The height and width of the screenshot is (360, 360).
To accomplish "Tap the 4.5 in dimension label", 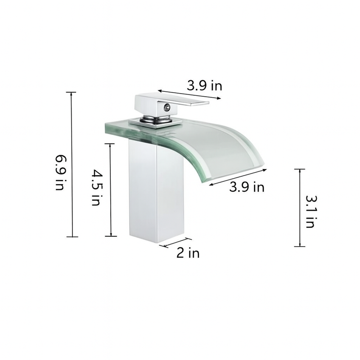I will click(96, 187).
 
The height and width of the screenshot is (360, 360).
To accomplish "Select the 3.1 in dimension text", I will click(309, 211).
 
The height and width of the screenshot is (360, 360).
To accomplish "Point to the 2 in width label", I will click(188, 253).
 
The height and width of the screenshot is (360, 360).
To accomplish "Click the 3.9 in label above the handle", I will click(205, 85).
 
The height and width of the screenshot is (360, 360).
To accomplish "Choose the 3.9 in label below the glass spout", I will click(247, 187).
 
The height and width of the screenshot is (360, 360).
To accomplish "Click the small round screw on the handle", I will click(167, 107).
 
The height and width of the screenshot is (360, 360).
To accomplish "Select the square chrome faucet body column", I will click(157, 193).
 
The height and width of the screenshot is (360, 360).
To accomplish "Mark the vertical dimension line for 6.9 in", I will click(71, 164).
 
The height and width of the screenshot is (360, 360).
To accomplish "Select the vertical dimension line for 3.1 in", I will click(299, 207).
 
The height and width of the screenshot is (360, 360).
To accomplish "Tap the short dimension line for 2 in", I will click(175, 243).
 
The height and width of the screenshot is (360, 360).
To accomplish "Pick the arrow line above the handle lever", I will click(189, 95).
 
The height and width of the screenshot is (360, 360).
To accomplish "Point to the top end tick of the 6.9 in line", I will click(71, 92).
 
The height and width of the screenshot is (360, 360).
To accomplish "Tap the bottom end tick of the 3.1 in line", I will click(299, 246).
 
